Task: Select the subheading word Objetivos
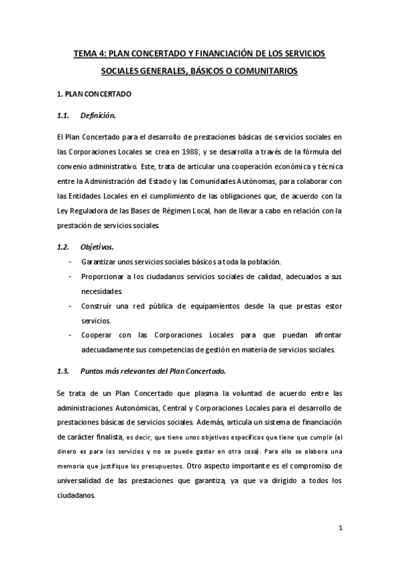coord(97,247)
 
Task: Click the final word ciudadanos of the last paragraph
coord(77,496)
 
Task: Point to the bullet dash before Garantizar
coord(71,262)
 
